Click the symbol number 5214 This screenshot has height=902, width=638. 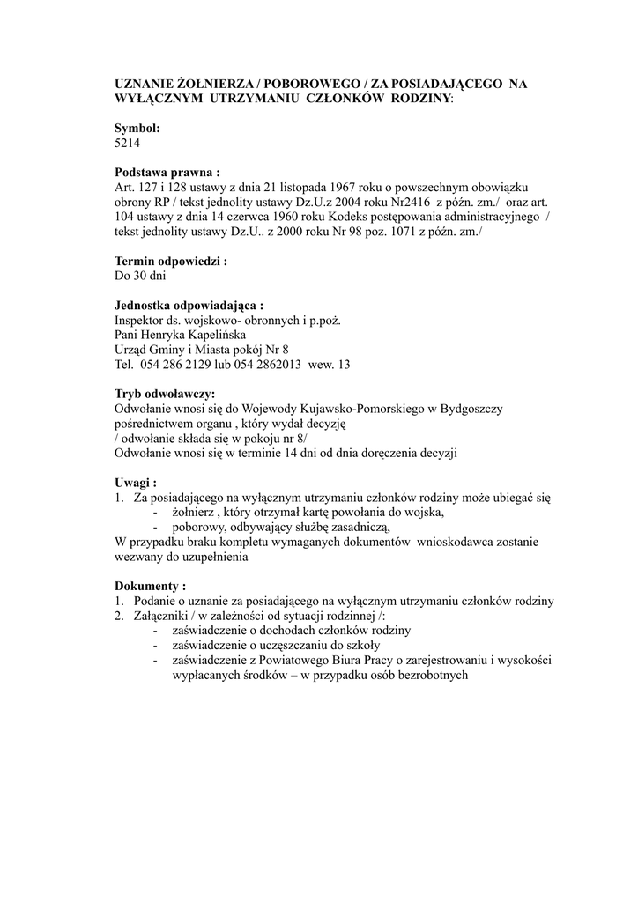(x=128, y=143)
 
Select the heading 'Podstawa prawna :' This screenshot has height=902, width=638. (x=167, y=173)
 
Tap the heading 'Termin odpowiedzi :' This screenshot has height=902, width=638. (x=171, y=261)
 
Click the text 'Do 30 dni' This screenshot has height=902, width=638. (x=141, y=276)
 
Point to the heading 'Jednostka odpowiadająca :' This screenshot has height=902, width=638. (x=189, y=305)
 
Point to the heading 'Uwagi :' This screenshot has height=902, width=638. (x=137, y=483)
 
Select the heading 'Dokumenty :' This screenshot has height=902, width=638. (x=151, y=586)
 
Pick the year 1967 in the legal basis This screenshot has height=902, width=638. (x=348, y=188)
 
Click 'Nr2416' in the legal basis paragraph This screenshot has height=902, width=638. (x=404, y=203)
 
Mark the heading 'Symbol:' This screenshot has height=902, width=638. (x=137, y=128)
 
